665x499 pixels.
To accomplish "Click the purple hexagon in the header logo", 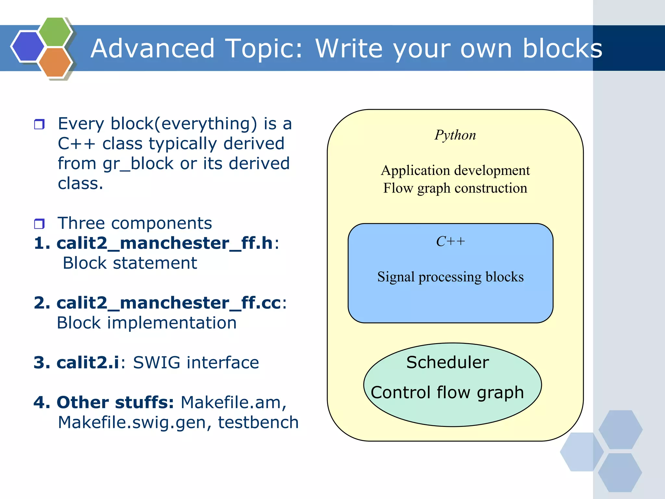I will [x=28, y=46].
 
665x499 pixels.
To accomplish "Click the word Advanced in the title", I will [x=153, y=48].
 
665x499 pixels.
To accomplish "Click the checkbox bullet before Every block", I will [x=39, y=124].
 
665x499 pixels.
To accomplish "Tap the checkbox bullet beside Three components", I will [x=39, y=224].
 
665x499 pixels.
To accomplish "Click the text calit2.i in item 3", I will [x=88, y=363].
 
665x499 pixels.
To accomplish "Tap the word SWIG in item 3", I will [x=157, y=363].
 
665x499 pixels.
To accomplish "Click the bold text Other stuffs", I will [x=115, y=403].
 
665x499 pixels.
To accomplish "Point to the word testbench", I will [x=258, y=422].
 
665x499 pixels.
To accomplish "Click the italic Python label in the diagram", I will [x=455, y=135].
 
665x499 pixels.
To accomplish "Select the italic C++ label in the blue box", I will [x=450, y=242].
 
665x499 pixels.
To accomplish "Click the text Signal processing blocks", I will [x=450, y=277].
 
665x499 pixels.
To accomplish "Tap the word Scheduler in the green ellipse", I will [x=447, y=362].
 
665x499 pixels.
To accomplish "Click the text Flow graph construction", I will [x=455, y=188].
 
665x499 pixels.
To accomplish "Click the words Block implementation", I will [x=147, y=323].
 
